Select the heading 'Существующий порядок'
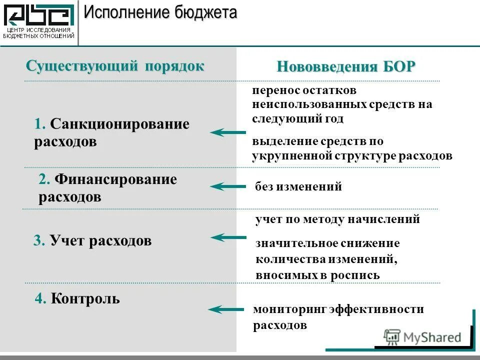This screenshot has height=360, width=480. click(x=115, y=66)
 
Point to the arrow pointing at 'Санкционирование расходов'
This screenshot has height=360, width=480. click(x=228, y=132)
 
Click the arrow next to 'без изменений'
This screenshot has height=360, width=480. click(x=228, y=187)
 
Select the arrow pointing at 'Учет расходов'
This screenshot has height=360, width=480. click(x=228, y=237)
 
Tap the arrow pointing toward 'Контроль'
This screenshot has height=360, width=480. click(x=226, y=309)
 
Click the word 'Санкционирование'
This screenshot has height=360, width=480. click(x=119, y=124)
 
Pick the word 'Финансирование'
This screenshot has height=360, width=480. click(x=115, y=179)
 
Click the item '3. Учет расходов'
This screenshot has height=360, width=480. click(x=92, y=241)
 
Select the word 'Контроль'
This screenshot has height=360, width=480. click(x=85, y=299)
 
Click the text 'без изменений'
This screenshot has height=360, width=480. click(x=298, y=187)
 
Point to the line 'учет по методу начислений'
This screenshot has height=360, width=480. click(x=337, y=219)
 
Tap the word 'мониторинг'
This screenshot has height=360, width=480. click(x=289, y=309)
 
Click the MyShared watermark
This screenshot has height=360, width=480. click(x=422, y=337)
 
